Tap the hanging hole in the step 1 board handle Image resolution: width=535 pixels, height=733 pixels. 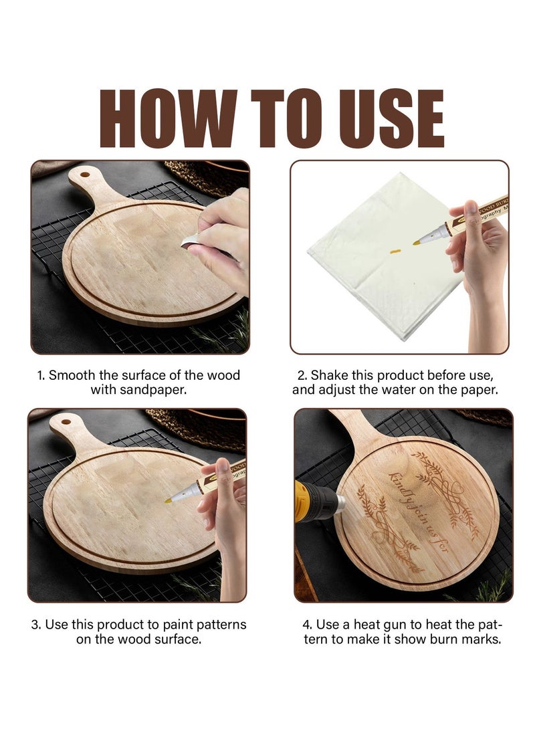[84, 175]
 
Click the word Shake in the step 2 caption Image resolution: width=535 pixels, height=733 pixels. [329, 375]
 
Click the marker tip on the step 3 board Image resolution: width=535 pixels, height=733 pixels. [169, 500]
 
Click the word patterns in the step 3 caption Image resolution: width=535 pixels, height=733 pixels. [216, 625]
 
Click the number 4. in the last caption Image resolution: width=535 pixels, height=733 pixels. [308, 625]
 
